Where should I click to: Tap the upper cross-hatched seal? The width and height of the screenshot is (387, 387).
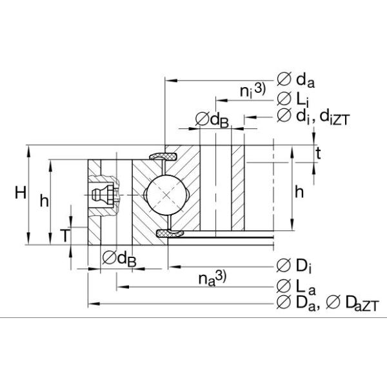coord(164,157)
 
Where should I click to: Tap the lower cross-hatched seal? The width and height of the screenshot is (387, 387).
coord(170,233)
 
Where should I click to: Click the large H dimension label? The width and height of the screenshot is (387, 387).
coord(21,193)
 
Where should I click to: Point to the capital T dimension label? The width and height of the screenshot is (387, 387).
coord(65,235)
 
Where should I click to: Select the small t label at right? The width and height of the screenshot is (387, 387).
coord(319,154)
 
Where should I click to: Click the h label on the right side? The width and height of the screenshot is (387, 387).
coord(299,192)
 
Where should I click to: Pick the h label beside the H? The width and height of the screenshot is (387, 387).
coord(45,201)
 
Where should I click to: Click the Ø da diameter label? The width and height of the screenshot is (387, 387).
coord(295,80)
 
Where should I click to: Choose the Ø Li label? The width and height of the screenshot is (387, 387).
coord(293,99)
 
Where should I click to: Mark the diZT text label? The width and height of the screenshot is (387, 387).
coord(335,118)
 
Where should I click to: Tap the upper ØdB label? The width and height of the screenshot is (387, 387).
coord(212,120)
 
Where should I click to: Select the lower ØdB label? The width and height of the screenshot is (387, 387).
coord(119,259)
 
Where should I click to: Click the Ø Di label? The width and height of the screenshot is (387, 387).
coord(294,266)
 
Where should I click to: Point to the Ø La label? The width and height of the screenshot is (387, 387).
coord(296,287)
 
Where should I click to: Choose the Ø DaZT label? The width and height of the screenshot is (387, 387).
coord(352,303)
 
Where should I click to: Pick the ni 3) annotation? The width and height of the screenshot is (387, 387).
coord(253,90)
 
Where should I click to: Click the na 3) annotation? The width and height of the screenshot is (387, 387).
coord(212,279)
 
